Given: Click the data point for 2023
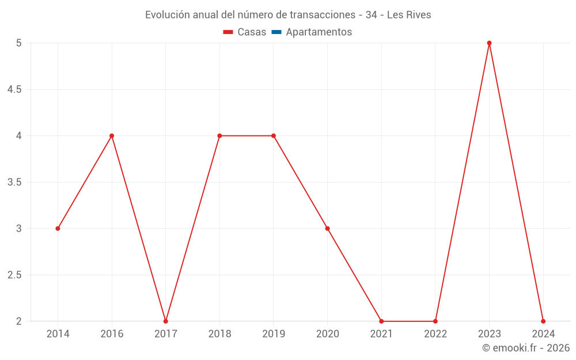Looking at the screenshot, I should tap(489, 43).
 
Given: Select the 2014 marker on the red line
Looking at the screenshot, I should tap(58, 229).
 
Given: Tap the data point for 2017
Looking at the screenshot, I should tap(165, 321).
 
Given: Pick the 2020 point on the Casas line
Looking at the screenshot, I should tap(327, 229).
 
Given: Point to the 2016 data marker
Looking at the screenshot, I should tap(112, 136).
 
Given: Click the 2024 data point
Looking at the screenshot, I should tap(543, 321).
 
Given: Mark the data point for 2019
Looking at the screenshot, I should tap(274, 136).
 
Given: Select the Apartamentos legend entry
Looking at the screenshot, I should tap(319, 32).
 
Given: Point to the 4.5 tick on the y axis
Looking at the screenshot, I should tap(14, 89).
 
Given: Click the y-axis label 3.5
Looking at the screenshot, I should tap(14, 182).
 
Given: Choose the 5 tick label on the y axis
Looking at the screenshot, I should tap(18, 43).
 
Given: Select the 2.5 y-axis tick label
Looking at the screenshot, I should tap(14, 275).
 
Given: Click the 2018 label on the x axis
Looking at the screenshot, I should tap(219, 334).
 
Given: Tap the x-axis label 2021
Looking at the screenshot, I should tap(381, 334).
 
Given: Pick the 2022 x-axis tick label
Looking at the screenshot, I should tap(435, 334).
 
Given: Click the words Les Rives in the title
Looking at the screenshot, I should tap(409, 15).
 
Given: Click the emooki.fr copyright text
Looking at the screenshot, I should tap(526, 348).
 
